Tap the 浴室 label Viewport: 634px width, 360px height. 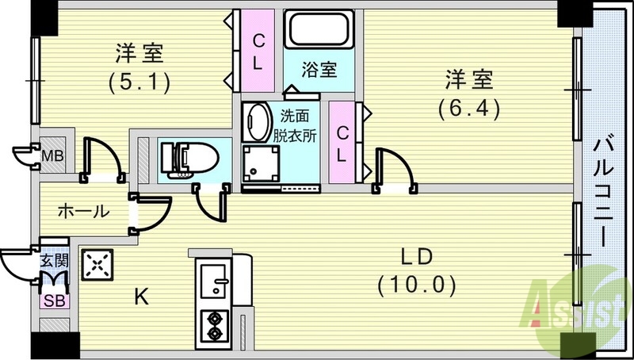pos(319,70)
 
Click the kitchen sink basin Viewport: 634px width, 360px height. pos(212,279)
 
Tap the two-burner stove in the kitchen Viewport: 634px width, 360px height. pos(212,323)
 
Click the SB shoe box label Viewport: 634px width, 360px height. pos(55,301)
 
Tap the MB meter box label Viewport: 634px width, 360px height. pos(53,154)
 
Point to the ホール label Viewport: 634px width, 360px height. pos(83,211)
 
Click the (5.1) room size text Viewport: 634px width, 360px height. pos(139,81)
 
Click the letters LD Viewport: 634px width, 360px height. pos(417,258)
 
